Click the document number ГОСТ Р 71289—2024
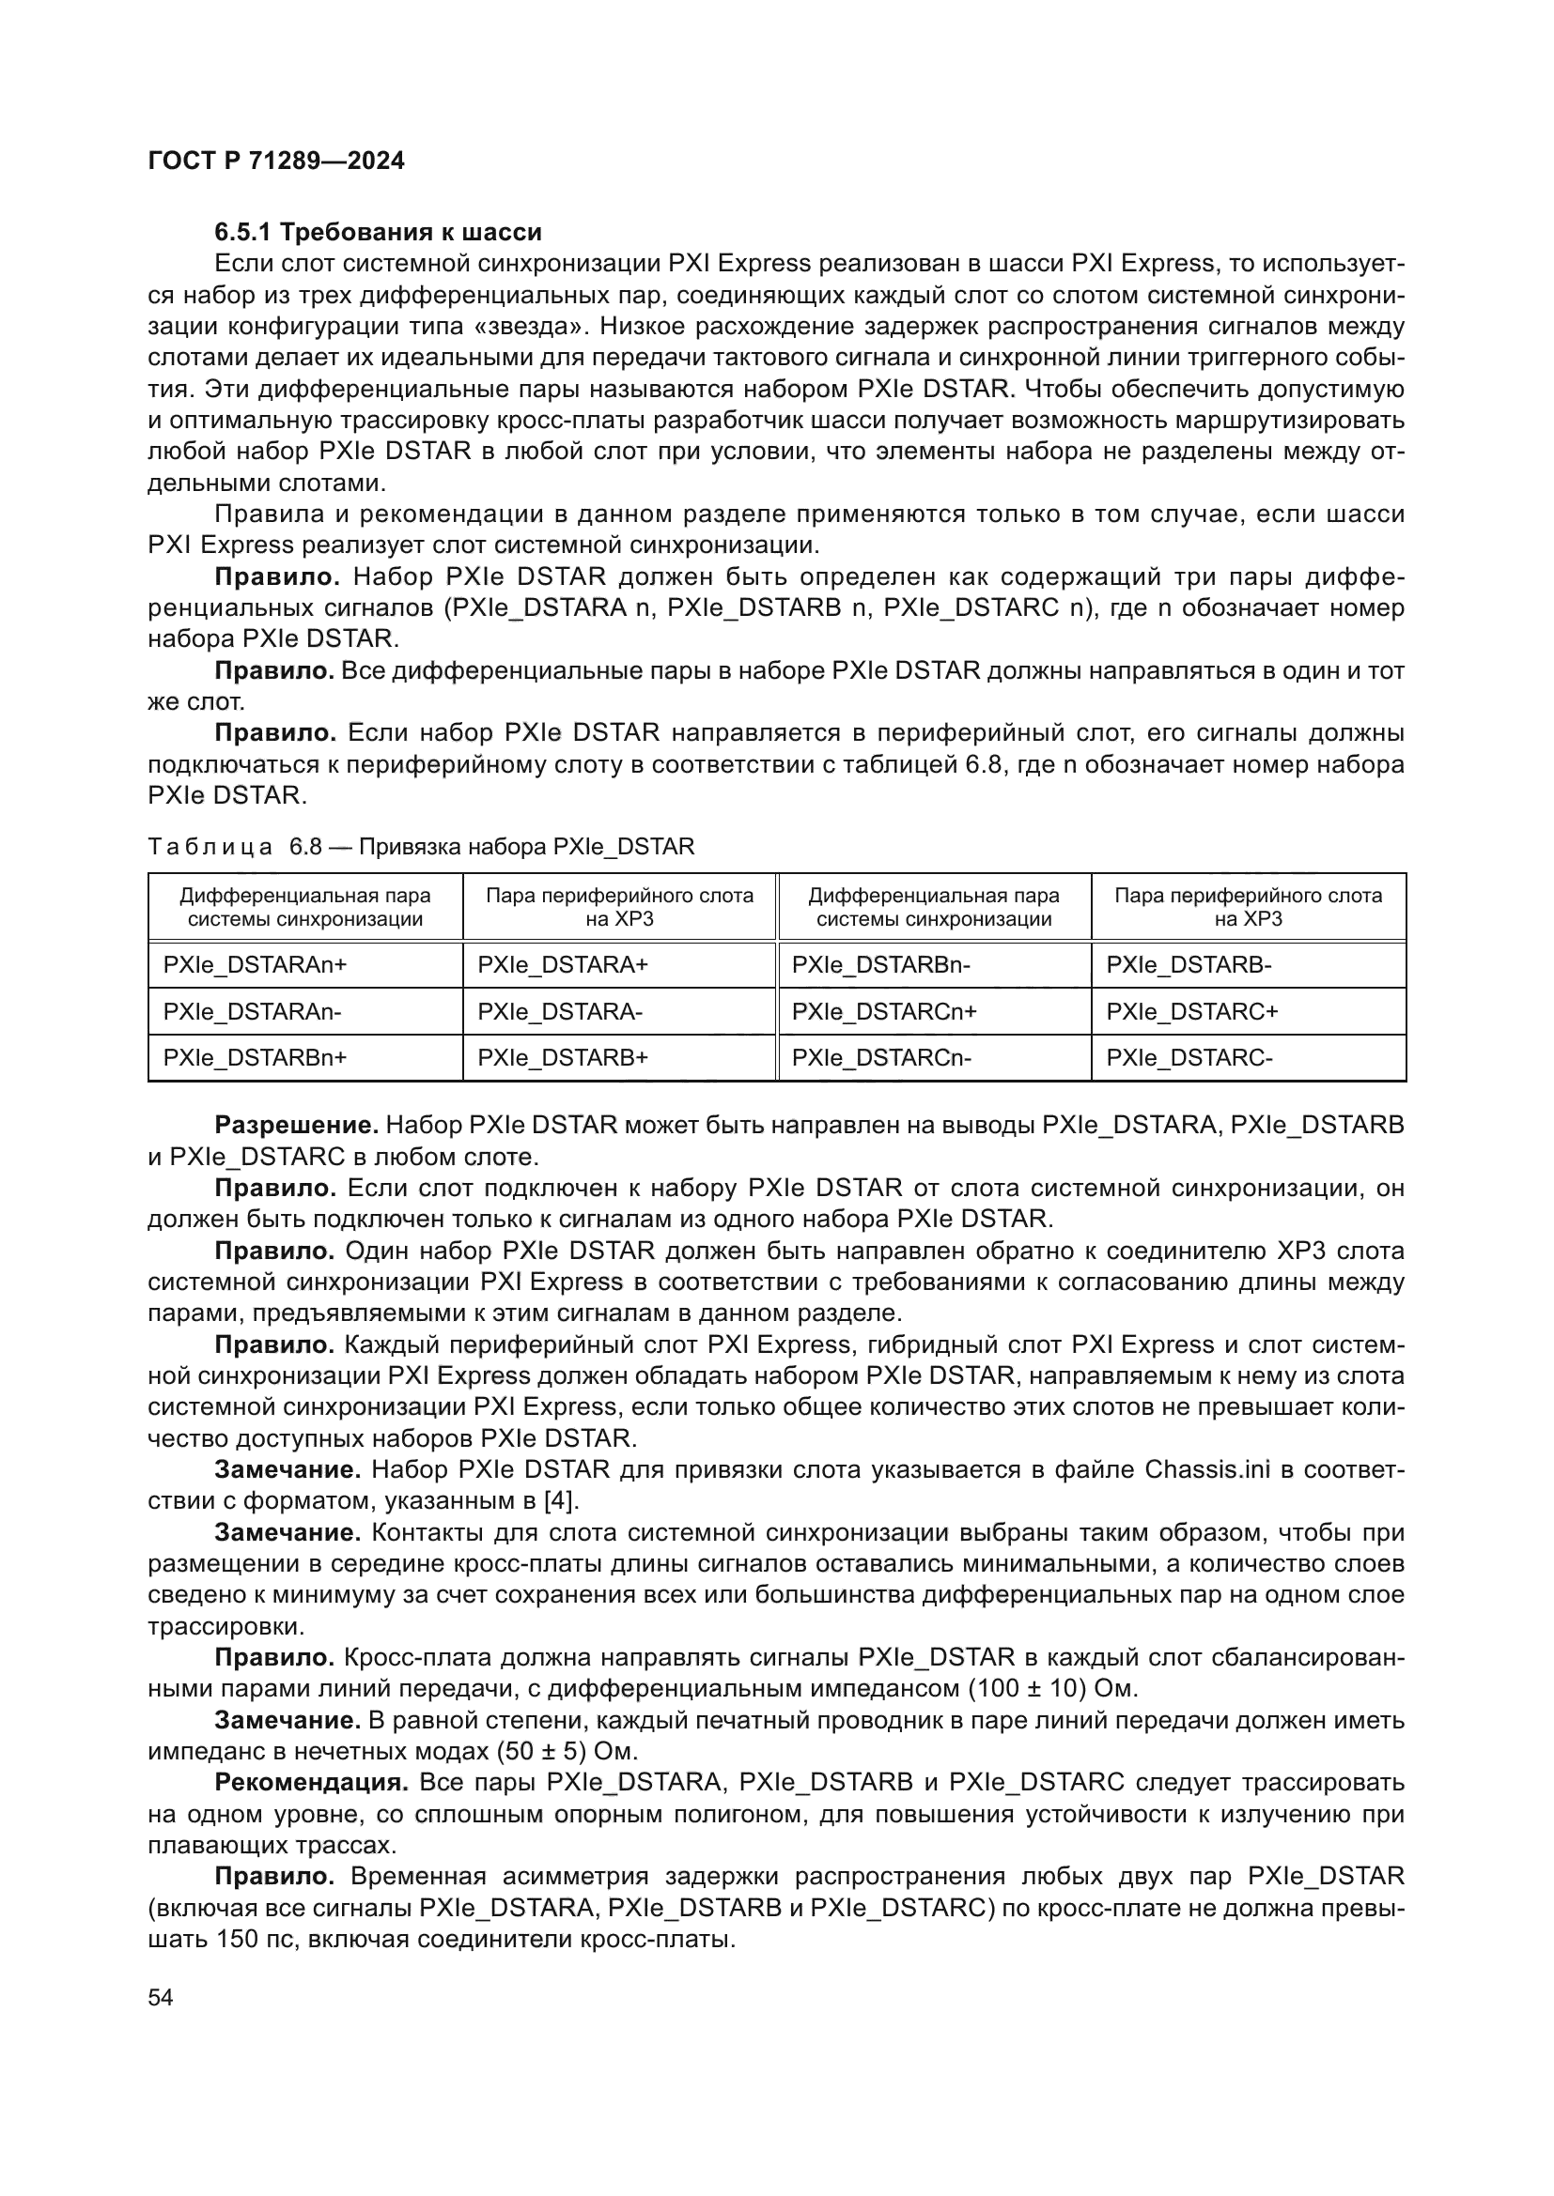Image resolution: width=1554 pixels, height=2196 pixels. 276,161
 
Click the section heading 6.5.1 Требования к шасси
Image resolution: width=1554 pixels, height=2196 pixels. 378,233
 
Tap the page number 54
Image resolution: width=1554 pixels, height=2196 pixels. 161,1997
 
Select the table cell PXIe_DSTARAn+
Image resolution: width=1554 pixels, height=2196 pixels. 255,965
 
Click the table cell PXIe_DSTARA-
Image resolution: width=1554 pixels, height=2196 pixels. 560,1011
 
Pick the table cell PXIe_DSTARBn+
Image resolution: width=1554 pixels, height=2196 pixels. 255,1057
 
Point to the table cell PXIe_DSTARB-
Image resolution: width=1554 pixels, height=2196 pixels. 1189,965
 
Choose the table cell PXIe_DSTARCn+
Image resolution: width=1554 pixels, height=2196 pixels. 884,1011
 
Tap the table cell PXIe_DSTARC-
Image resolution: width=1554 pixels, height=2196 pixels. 1189,1057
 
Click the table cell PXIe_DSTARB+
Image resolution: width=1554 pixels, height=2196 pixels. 563,1057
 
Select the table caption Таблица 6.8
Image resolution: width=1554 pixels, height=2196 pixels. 421,847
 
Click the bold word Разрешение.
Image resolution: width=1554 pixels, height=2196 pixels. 297,1125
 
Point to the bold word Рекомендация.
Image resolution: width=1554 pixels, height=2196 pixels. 312,1782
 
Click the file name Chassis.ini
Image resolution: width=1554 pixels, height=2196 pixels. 1206,1469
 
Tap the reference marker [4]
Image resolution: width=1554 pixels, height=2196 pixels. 561,1499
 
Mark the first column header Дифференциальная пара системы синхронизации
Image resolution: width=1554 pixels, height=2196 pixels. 305,907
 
